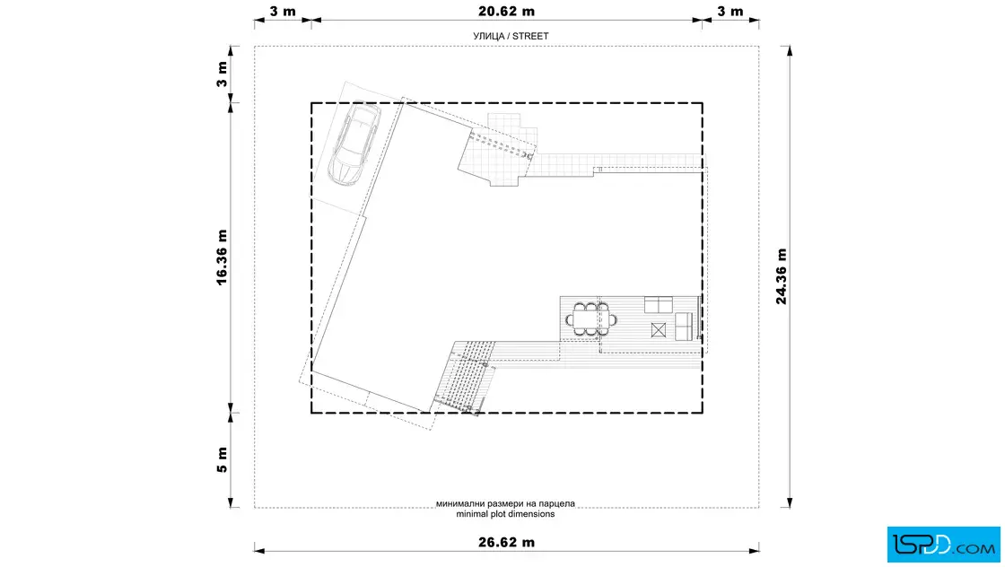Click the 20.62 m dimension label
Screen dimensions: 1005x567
pos(506,11)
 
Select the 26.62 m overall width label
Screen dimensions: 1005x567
pos(506,542)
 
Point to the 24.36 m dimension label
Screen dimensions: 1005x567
pos(782,276)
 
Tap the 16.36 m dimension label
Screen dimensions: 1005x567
pos(222,257)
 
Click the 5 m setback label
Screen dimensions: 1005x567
pos(222,460)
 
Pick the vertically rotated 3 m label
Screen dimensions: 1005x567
pos(222,74)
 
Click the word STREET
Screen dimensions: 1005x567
pos(530,36)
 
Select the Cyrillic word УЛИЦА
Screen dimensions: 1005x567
pos(489,36)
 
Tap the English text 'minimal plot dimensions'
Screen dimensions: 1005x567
pos(505,514)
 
